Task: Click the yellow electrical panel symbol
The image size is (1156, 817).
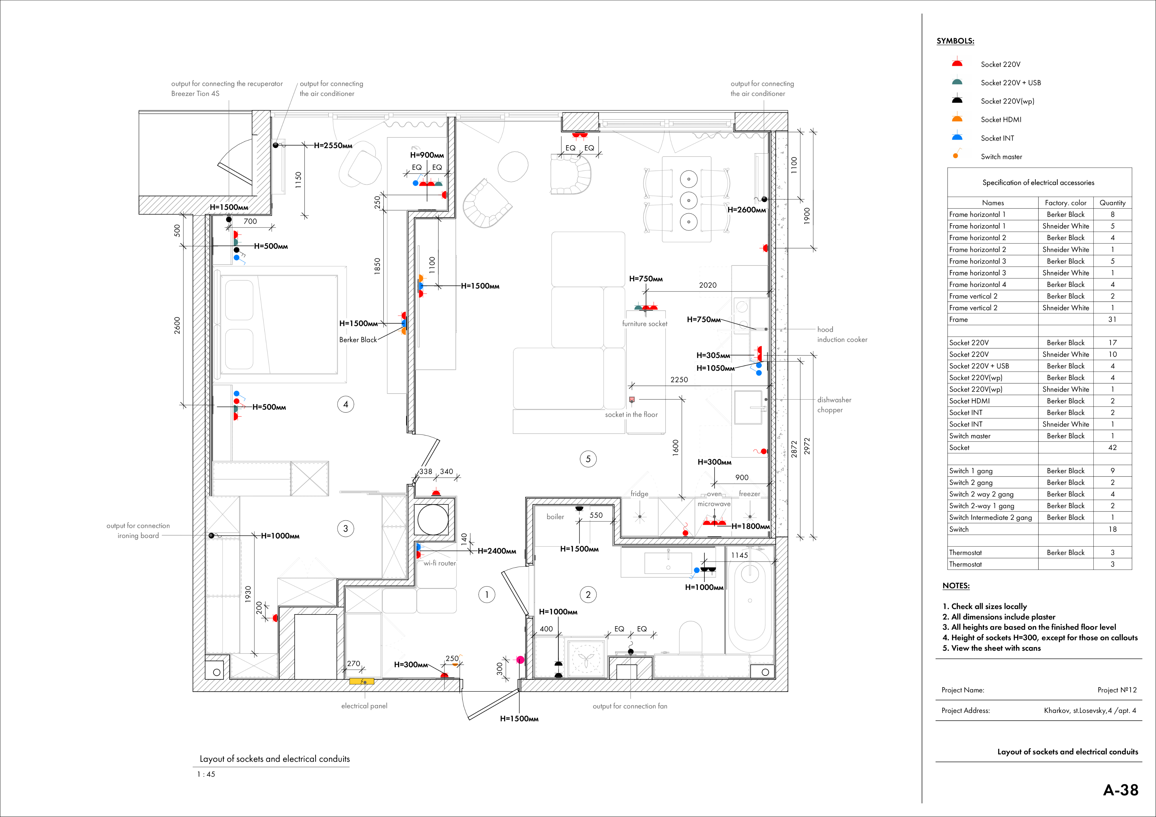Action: click(362, 682)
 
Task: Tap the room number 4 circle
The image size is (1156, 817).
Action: click(345, 404)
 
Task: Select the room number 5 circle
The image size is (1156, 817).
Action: click(588, 459)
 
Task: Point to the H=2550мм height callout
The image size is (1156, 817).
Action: click(333, 146)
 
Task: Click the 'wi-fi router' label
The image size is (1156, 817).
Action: click(439, 563)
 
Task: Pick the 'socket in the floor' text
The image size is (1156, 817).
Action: click(631, 415)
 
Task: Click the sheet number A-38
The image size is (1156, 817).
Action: click(1121, 790)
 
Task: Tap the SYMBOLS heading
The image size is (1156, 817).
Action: click(955, 41)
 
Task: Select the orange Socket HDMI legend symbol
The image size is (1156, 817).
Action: click(957, 119)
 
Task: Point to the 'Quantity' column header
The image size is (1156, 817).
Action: click(1112, 203)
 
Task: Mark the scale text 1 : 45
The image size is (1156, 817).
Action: click(206, 774)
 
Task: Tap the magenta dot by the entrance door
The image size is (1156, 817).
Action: click(520, 659)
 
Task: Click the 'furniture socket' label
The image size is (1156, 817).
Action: click(644, 324)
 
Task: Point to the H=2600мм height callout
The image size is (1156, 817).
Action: click(747, 210)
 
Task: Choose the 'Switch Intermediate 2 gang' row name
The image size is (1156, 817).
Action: click(990, 517)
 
